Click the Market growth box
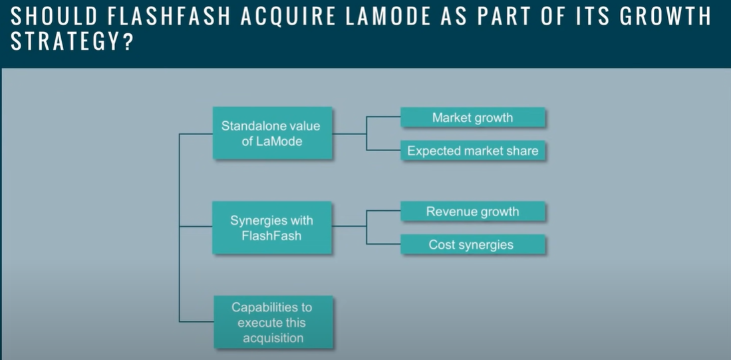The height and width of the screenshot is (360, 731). click(473, 117)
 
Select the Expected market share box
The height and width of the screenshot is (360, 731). click(473, 150)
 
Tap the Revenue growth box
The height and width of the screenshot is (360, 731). click(473, 211)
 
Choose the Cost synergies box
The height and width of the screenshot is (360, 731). click(473, 244)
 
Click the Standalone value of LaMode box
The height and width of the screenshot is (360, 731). click(272, 133)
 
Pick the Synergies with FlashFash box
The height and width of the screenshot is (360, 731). click(272, 228)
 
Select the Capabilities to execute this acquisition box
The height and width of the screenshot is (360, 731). click(273, 322)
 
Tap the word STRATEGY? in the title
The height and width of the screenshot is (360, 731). click(73, 42)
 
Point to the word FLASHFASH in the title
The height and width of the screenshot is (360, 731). click(170, 17)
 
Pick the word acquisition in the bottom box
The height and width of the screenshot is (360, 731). click(273, 338)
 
